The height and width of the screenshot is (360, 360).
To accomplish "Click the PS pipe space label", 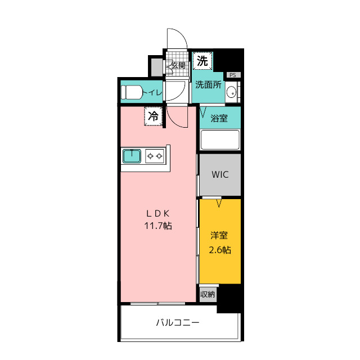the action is point(233,75).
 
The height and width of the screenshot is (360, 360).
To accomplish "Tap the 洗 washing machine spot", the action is point(202,61).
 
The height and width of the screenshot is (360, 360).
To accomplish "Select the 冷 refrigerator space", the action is point(153,116).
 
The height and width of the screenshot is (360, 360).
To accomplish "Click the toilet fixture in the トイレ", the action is point(132,92).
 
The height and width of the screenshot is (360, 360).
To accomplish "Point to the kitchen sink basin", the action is point(132,156).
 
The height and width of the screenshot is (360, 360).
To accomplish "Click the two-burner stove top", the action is point(155,156).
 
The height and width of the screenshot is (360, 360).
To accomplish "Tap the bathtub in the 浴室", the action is point(220,139).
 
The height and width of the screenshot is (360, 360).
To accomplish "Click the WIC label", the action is point(220,174).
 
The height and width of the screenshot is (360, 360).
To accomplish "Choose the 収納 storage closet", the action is point(208,294).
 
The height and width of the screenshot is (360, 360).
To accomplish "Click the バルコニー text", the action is point(178,322).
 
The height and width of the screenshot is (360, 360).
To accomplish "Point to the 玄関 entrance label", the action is point(178,65).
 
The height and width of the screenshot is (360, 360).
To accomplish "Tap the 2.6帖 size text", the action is point(220,250).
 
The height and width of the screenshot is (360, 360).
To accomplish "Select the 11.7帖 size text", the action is point(158,226).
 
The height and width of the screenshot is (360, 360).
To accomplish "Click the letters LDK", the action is point(158,214).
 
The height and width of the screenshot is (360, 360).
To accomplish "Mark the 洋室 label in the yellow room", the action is point(219,236).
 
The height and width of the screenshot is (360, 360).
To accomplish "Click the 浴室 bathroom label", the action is point(219,119).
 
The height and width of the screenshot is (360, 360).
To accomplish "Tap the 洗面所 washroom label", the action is point(208,85).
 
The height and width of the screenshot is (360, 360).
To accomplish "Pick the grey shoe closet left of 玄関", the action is point(157,67).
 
